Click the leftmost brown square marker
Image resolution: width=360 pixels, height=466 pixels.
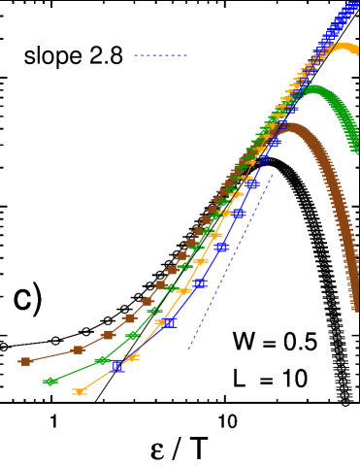(x=26, y=361)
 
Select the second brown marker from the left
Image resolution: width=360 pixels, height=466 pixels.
(x=79, y=349)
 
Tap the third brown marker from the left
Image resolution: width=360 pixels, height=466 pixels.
(x=109, y=335)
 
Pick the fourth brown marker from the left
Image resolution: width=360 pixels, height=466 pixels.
(x=129, y=318)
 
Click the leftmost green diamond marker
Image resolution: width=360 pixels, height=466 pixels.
(x=50, y=382)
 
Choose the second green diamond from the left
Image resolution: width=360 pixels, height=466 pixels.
(x=102, y=360)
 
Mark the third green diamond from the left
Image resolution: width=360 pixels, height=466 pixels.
(x=133, y=336)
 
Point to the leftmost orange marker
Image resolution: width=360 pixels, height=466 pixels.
(x=80, y=391)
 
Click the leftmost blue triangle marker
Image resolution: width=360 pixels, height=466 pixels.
(x=117, y=366)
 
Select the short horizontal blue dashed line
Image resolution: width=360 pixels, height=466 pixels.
(x=161, y=55)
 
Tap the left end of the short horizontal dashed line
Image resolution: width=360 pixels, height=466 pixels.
(x=134, y=55)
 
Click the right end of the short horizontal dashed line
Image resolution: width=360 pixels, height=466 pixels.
(x=188, y=55)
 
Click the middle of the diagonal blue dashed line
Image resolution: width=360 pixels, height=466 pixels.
(x=231, y=260)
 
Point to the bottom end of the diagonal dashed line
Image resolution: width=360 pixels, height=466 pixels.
(x=188, y=348)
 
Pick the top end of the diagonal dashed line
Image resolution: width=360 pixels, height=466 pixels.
(x=274, y=174)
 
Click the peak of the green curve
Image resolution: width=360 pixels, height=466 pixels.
(x=312, y=90)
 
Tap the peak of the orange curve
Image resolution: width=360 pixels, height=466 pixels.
(x=344, y=47)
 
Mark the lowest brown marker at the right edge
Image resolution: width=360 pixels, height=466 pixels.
(x=355, y=308)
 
